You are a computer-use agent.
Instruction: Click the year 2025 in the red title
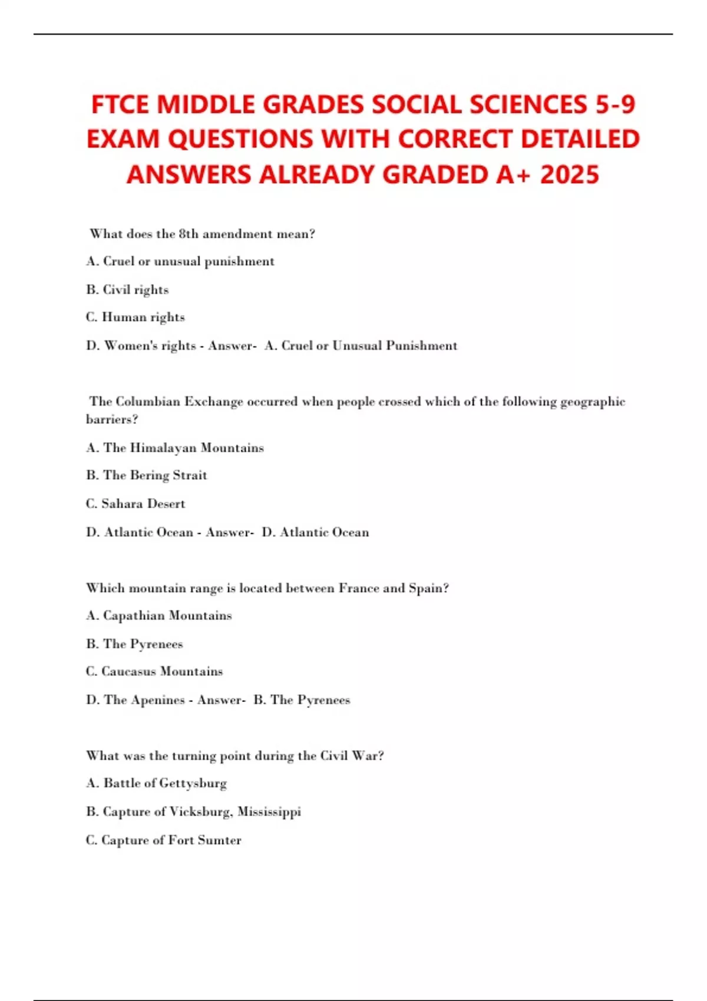coord(569,175)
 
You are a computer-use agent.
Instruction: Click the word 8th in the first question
coord(189,234)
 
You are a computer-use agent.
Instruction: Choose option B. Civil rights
coord(127,290)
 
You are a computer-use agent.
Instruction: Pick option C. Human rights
coord(135,317)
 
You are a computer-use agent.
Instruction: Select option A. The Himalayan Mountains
coord(175,448)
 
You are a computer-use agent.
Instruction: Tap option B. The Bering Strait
coord(147,475)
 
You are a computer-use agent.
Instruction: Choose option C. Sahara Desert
coord(136,504)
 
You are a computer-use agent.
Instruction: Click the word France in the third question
coord(359,588)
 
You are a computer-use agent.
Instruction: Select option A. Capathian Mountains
coord(159,616)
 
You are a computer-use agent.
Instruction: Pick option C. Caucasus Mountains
coord(154,672)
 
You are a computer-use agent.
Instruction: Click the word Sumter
coord(222,840)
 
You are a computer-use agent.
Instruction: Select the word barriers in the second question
coord(111,420)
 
